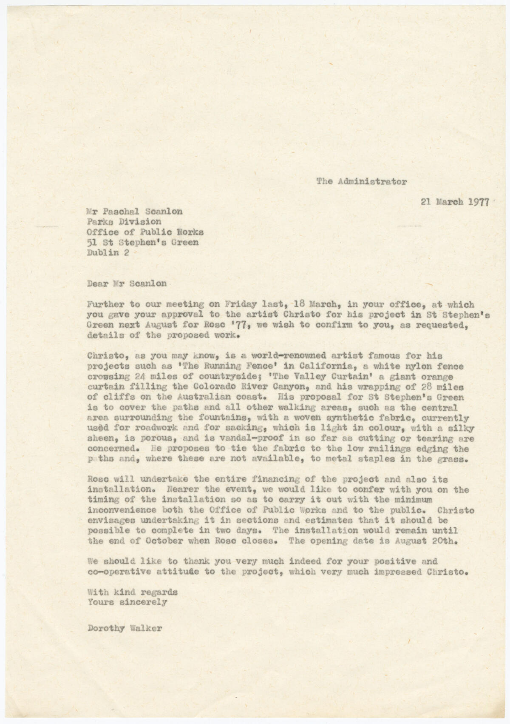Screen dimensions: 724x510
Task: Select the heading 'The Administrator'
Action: point(361,181)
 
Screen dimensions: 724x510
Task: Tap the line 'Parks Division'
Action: point(124,221)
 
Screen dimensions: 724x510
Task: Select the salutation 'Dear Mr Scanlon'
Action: point(126,284)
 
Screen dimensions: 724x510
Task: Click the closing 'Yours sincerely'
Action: point(127,602)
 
